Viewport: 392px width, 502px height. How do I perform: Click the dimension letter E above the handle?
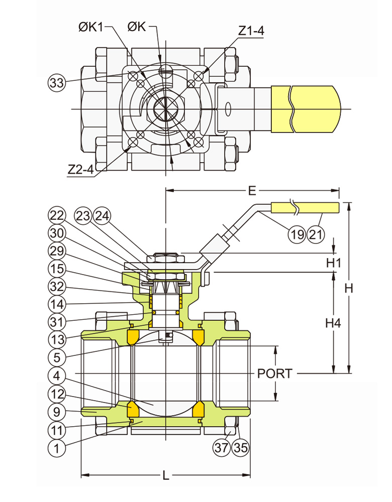click(x=252, y=190)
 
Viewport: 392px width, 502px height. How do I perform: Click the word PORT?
click(x=274, y=373)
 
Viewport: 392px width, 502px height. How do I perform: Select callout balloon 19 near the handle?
click(x=297, y=234)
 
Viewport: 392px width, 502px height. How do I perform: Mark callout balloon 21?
click(x=316, y=234)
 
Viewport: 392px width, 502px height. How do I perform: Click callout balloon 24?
click(x=102, y=216)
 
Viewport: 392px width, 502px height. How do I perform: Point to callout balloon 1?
click(x=57, y=448)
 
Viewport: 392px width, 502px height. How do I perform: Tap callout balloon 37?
click(x=223, y=448)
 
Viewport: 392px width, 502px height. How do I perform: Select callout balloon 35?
click(x=241, y=448)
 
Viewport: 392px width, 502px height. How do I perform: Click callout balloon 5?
click(x=57, y=357)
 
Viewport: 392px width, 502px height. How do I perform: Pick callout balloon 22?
click(x=57, y=216)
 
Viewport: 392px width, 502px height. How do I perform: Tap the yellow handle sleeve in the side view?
click(x=305, y=207)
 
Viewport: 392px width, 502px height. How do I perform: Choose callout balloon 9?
click(x=57, y=413)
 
